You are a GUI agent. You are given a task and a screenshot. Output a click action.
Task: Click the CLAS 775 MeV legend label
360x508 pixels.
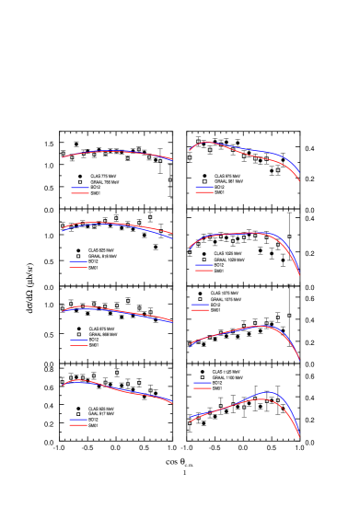point(103,176)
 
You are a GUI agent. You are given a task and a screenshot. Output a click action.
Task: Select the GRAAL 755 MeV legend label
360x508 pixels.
point(104,182)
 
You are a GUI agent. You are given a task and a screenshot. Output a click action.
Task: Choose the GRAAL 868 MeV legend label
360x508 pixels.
point(102,334)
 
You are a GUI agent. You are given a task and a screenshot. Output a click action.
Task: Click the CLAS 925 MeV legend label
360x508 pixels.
point(101,409)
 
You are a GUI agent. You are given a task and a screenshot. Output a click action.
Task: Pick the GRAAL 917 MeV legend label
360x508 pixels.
point(101,414)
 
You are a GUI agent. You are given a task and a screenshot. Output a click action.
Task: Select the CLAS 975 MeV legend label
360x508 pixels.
point(227,176)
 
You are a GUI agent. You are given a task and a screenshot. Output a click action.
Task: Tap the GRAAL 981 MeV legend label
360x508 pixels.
point(228,181)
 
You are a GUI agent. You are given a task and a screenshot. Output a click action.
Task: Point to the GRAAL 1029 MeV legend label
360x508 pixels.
point(228,260)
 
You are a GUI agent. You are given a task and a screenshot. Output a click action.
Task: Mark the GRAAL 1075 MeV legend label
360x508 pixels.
point(226,299)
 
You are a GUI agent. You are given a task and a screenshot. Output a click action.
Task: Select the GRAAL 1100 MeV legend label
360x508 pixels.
point(227,377)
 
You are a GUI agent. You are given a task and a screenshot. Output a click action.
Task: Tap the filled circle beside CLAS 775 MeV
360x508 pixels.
point(79,176)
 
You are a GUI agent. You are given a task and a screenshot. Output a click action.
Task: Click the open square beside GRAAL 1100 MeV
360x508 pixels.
point(202,377)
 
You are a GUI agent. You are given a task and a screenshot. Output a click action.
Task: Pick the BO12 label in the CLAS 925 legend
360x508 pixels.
point(94,420)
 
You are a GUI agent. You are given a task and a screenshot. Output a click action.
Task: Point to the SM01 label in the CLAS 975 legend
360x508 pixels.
point(219,192)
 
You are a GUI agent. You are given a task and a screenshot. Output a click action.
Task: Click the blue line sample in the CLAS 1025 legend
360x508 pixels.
point(203,265)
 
